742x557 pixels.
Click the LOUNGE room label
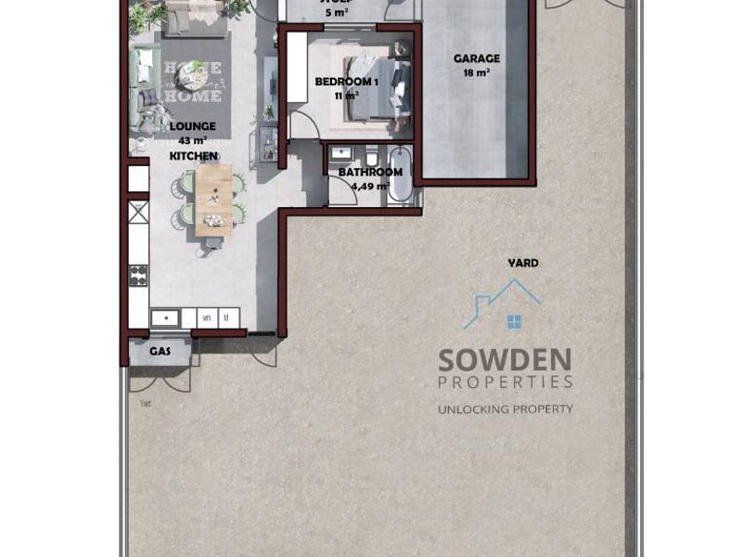[x=193, y=126]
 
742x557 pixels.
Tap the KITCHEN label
[x=194, y=156]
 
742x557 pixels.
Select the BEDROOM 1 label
[x=346, y=82]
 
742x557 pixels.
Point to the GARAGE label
[x=477, y=58]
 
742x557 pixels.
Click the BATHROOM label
[x=370, y=172]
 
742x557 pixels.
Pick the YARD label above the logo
[x=523, y=263]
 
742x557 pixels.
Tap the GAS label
[x=160, y=352]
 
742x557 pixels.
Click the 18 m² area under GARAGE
[x=477, y=72]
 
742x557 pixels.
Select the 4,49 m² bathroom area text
[x=370, y=185]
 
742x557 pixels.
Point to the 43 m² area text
[x=193, y=140]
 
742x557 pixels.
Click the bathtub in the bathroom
[x=401, y=175]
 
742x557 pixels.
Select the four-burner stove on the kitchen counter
[x=138, y=275]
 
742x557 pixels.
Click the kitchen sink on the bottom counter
[x=165, y=317]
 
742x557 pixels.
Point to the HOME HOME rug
[x=193, y=82]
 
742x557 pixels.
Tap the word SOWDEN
[x=505, y=360]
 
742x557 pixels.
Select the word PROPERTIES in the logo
[x=505, y=382]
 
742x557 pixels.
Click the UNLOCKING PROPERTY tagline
[x=505, y=408]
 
